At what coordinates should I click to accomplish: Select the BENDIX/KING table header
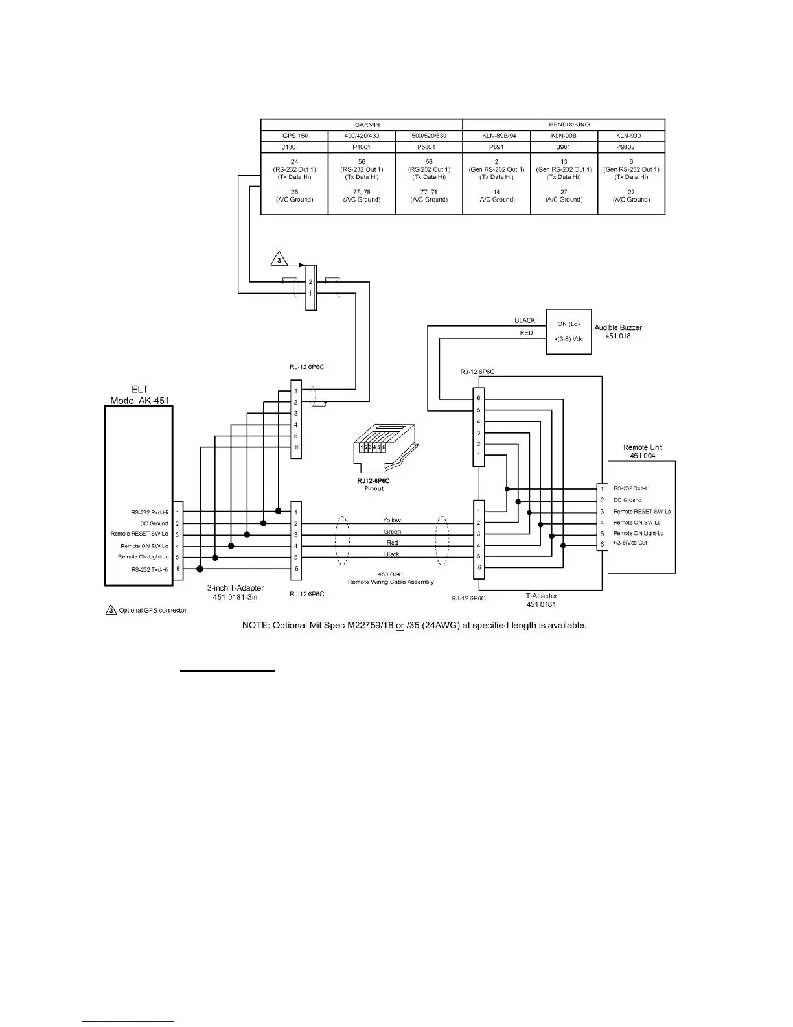point(564,124)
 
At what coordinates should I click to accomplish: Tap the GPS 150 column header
point(295,136)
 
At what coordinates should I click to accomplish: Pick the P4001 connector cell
point(362,147)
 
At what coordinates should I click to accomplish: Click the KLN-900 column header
point(631,136)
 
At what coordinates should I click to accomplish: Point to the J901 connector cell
point(564,147)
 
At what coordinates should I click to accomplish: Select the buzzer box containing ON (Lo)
point(568,331)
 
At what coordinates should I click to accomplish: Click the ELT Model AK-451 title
point(140,395)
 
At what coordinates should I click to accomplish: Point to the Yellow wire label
point(392,520)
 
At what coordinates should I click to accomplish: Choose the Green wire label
point(392,532)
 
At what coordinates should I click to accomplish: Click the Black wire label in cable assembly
point(392,554)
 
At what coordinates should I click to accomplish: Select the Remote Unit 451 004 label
point(642,451)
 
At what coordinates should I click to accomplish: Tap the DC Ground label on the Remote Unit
point(627,500)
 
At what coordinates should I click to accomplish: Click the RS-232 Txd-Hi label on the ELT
point(150,569)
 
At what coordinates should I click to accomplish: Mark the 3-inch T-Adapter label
point(235,592)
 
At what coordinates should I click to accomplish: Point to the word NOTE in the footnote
point(255,626)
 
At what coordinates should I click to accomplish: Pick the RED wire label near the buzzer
point(526,333)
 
